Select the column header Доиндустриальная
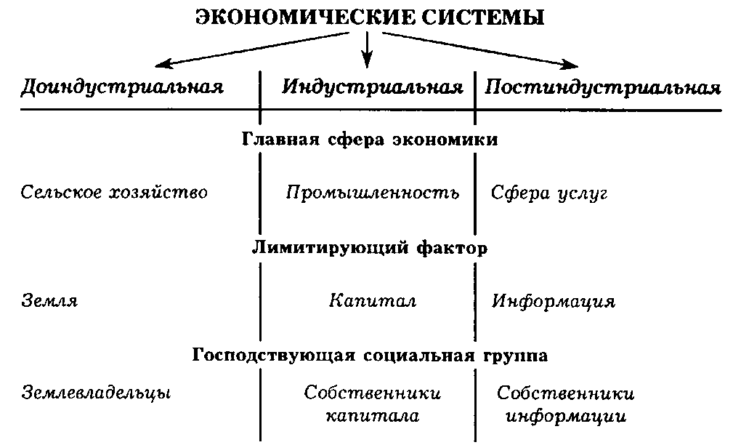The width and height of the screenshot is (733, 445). pos(122,88)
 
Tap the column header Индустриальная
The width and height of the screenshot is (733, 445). pos(372,88)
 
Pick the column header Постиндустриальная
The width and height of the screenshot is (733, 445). pos(603,88)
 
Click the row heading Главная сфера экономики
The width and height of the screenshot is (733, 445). pos(369,140)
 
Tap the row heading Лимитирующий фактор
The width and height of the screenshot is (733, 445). pos(369,248)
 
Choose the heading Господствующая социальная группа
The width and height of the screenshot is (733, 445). pos(370,356)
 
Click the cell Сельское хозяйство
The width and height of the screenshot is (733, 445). pos(114,193)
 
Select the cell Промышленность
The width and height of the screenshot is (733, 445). pos(373,193)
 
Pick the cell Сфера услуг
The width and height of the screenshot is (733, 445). pos(548,193)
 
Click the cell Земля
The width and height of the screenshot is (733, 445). pos(49,301)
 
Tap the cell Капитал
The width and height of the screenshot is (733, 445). pos(372,301)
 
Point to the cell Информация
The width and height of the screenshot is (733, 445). pos(554,301)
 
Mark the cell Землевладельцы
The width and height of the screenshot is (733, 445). pos(96,393)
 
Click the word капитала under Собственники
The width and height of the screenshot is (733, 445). pos(372,416)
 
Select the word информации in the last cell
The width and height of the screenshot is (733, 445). pos(565,417)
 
